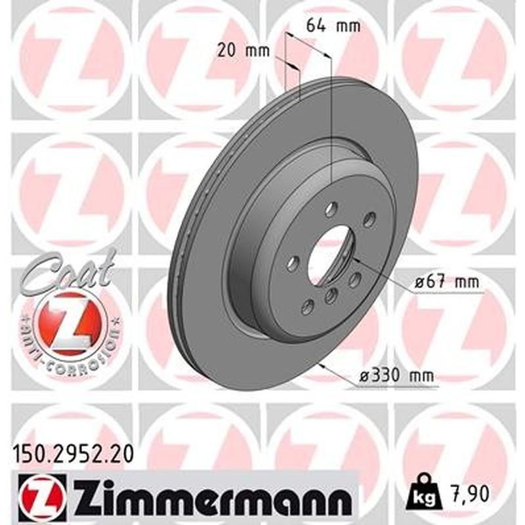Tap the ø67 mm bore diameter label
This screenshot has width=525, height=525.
coord(446,283)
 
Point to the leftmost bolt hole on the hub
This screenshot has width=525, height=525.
coord(293,263)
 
